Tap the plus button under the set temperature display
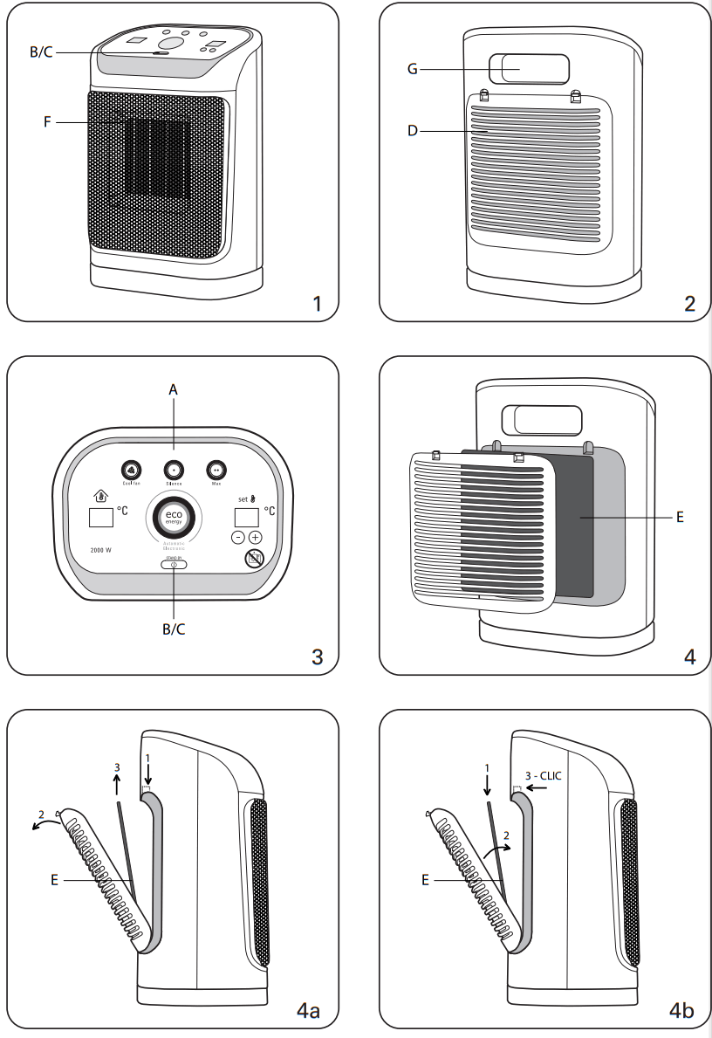pos(255,538)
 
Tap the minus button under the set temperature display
pos(238,538)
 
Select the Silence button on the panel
pos(173,469)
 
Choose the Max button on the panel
pos(216,469)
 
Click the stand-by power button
pos(173,564)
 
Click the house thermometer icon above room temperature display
pos(99,497)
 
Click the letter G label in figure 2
pos(414,69)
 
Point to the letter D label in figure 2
pos(414,131)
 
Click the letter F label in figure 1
pos(49,123)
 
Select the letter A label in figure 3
pos(173,391)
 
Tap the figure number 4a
pos(308,1011)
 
